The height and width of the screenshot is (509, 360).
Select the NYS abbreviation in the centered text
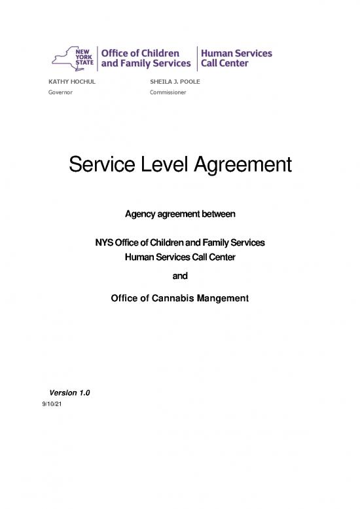pos(105,243)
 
